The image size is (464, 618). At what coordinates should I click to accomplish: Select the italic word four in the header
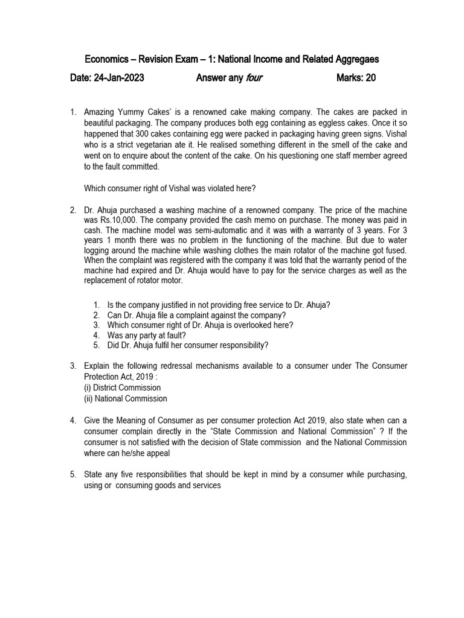[x=254, y=78]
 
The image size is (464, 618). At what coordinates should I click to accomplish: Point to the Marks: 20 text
[x=356, y=78]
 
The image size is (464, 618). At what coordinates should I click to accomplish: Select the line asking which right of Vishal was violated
[x=170, y=188]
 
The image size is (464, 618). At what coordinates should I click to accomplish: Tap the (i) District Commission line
[x=123, y=387]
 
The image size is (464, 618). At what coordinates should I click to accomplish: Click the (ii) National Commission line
[x=126, y=398]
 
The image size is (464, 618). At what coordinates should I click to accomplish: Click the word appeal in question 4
[x=158, y=453]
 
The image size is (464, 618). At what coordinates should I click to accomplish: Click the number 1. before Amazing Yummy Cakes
[x=72, y=112]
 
